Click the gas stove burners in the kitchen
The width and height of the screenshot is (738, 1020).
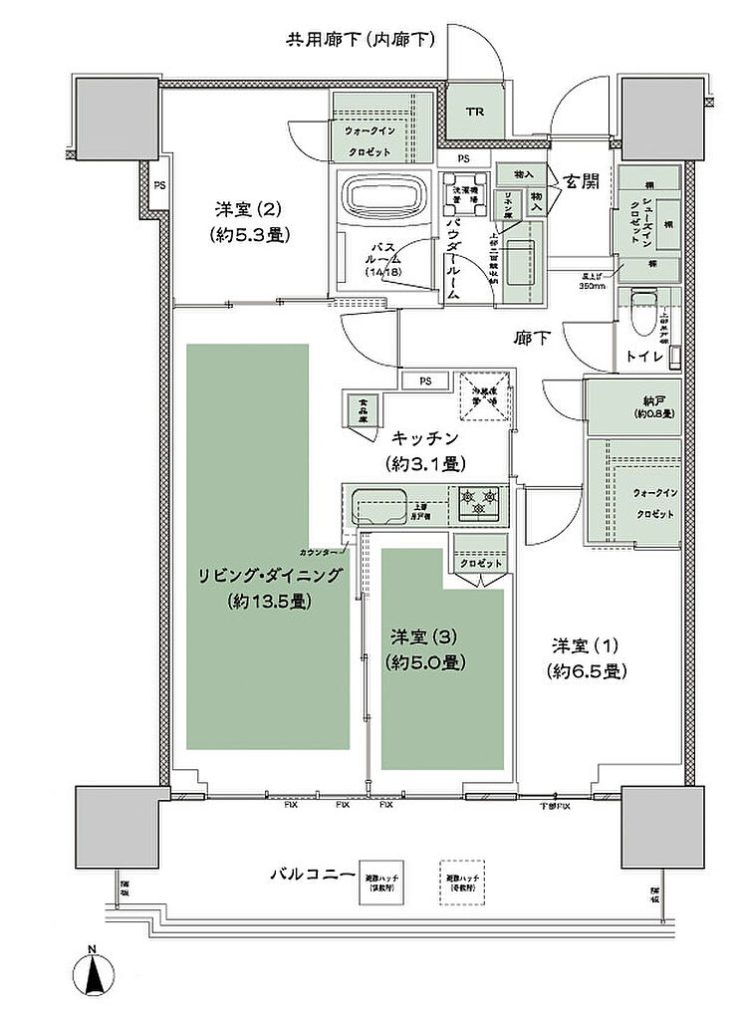pyautogui.click(x=480, y=500)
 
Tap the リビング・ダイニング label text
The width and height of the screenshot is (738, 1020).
pyautogui.click(x=270, y=576)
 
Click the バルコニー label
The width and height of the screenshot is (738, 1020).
pyautogui.click(x=312, y=874)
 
